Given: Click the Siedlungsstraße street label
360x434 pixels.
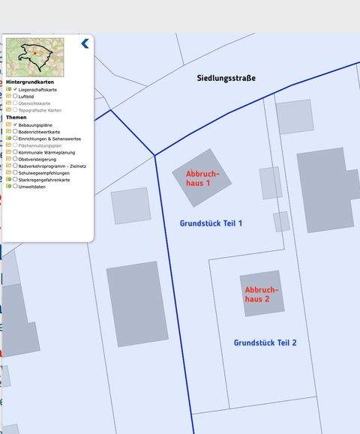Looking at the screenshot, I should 226,78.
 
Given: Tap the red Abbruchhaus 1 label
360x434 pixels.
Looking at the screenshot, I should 198,178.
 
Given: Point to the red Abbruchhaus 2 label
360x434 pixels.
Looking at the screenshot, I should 262,294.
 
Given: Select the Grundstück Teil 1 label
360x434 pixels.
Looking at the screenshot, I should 211,223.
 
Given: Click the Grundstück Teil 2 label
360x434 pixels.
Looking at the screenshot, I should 265,343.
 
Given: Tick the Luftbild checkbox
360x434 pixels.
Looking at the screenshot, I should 15,96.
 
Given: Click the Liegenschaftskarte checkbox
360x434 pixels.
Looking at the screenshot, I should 15,89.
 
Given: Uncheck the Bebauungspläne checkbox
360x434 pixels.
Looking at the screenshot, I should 15,124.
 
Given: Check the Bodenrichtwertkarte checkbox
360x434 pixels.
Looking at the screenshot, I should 15,131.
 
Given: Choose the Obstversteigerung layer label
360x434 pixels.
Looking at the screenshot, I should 37,159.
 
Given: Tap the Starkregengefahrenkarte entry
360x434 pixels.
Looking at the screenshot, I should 44,180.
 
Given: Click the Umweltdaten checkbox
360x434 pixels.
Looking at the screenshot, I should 15,187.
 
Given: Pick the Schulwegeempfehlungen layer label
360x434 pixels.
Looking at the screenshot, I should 45,173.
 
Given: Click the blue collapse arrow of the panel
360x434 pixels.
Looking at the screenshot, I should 85,43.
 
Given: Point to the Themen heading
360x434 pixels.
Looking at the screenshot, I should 16,118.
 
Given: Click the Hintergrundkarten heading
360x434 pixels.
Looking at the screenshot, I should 29,82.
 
